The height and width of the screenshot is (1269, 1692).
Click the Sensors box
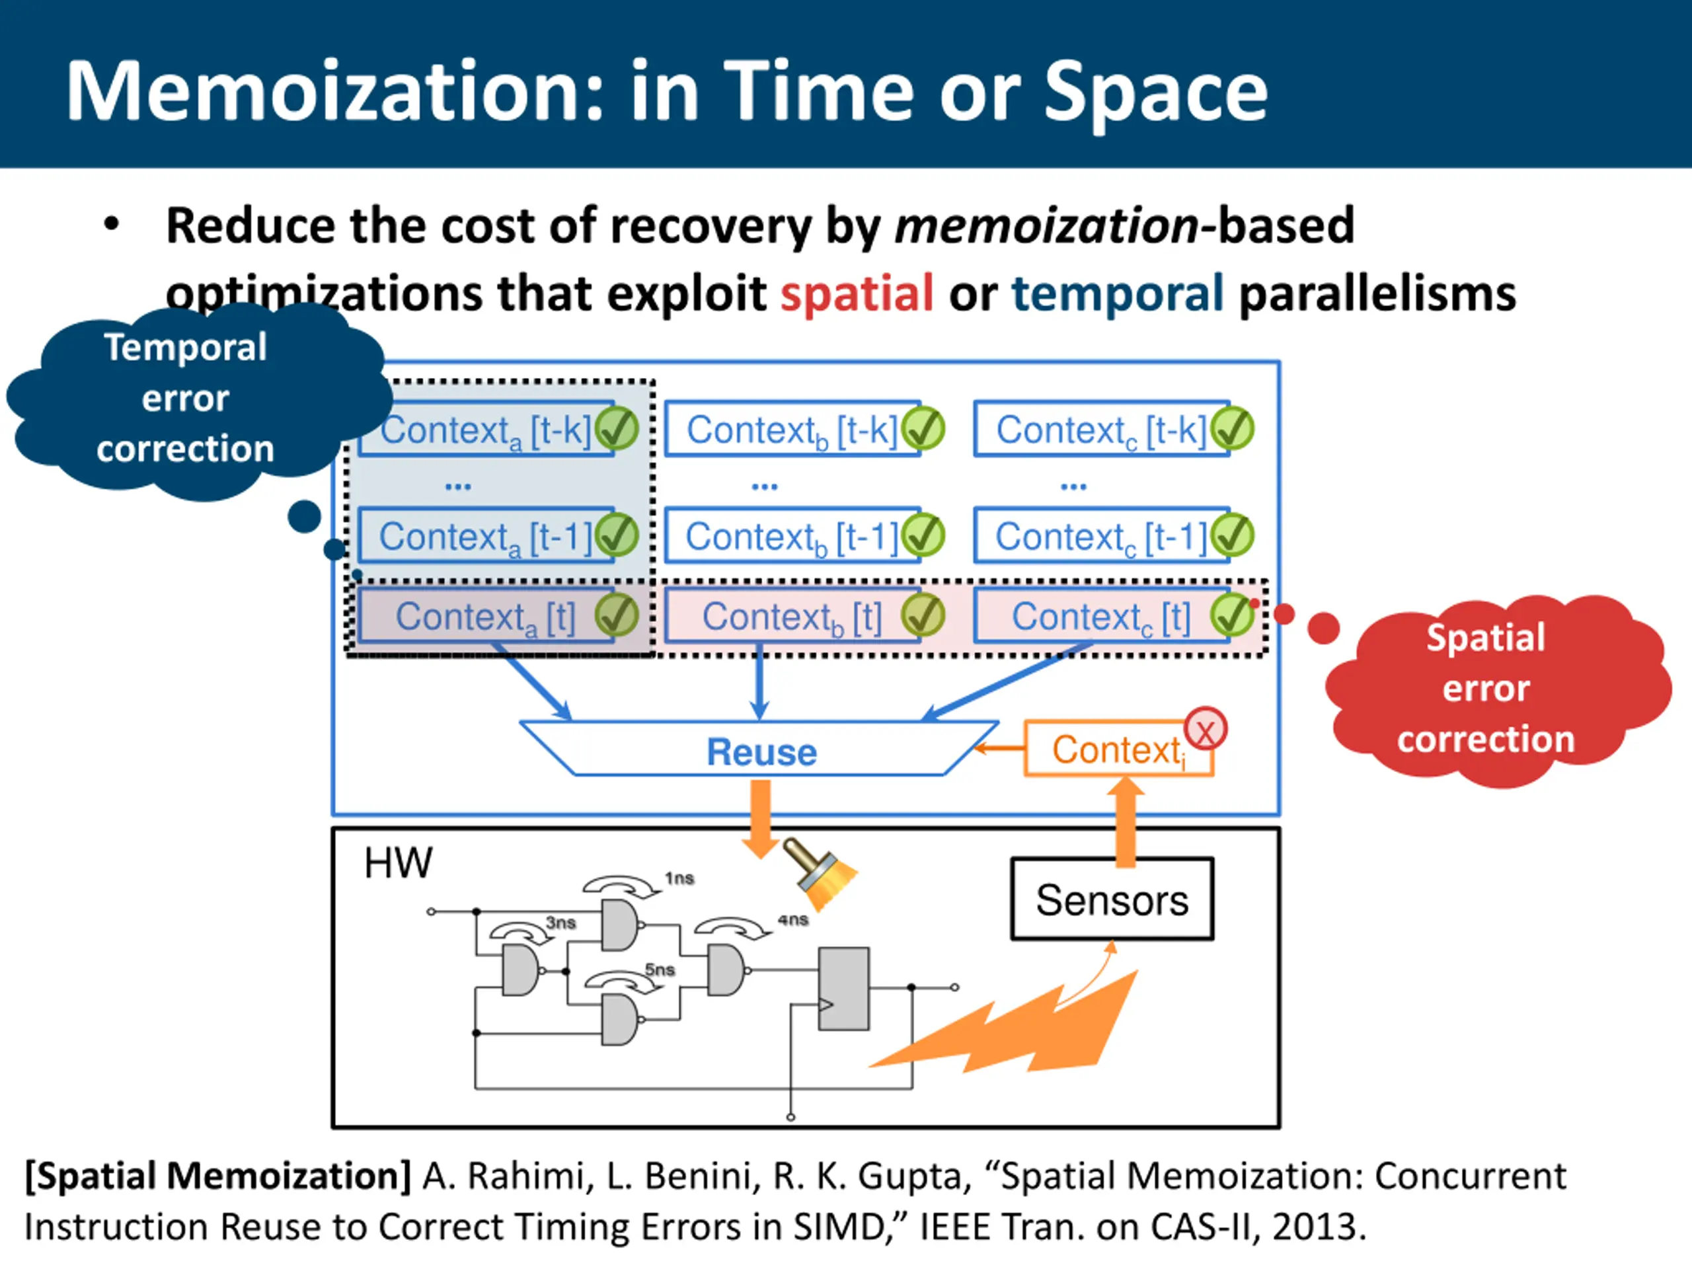click(x=1112, y=900)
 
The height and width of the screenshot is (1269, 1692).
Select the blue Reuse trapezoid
click(x=759, y=750)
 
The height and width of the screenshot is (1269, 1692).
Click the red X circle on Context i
click(x=1206, y=730)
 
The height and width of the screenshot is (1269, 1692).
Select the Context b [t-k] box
click(x=792, y=429)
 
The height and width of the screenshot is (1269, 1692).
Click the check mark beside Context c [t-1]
click(x=1232, y=535)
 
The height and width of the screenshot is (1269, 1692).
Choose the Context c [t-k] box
click(x=1102, y=429)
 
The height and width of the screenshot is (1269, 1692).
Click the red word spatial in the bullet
click(x=857, y=293)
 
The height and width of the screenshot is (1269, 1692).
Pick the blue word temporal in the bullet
click(x=1118, y=293)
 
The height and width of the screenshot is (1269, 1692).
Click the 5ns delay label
click(x=660, y=970)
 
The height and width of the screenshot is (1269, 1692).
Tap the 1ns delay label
click(x=679, y=878)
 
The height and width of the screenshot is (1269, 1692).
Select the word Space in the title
click(x=1156, y=92)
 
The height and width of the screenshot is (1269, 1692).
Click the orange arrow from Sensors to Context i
click(x=1125, y=822)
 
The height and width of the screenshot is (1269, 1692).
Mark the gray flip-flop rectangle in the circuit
click(x=844, y=988)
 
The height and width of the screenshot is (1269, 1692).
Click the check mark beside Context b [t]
click(x=923, y=616)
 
